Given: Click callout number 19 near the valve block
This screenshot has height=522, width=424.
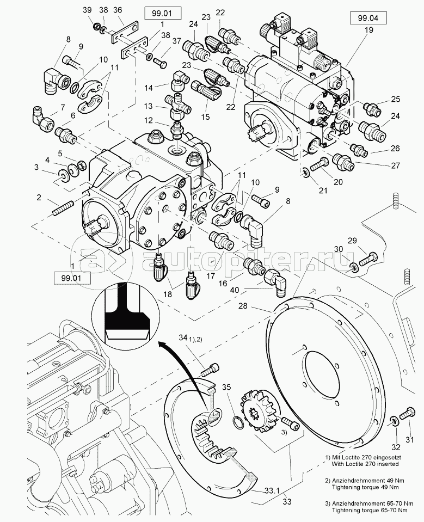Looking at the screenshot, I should coord(370,30).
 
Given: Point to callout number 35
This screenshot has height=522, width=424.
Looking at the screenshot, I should coord(227,388).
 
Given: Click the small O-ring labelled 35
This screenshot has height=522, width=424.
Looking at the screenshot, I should coord(237,423).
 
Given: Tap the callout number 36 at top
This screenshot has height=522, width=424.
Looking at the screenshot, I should coord(117,10).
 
